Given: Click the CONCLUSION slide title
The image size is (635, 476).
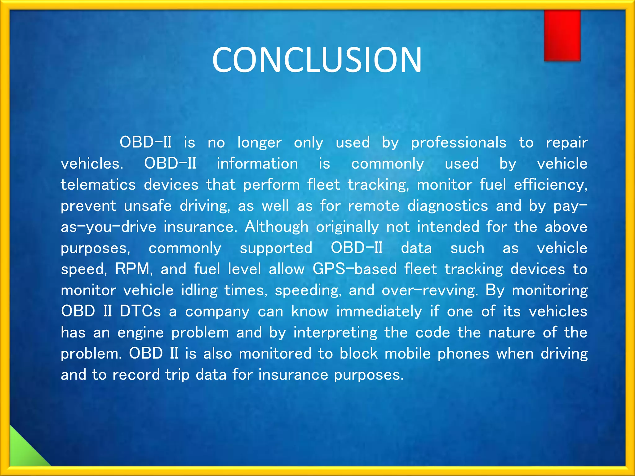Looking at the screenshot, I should [317, 59].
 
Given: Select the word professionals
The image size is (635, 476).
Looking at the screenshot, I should [458, 143].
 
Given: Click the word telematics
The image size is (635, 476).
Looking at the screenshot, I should [98, 185].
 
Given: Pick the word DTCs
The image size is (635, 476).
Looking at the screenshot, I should [140, 311].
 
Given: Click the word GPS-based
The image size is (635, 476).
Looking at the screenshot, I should [354, 269].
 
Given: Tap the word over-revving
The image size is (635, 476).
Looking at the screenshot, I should [429, 291].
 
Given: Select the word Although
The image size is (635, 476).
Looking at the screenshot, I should [276, 227].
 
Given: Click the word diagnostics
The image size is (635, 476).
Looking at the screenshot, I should [447, 206].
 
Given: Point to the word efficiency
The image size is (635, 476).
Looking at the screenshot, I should [550, 185].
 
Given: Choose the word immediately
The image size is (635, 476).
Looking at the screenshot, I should [379, 311].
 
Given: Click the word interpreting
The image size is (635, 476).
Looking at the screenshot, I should [335, 333].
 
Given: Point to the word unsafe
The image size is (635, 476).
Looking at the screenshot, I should [148, 206].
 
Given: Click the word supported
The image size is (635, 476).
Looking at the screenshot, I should [276, 249].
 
